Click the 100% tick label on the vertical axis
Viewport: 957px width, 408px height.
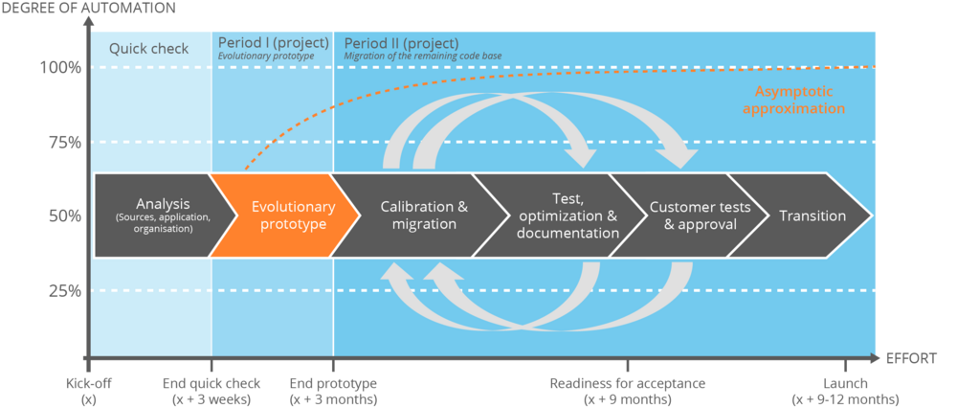pos(59,67)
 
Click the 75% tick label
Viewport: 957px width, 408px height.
pos(63,143)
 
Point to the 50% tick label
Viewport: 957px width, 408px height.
pos(63,216)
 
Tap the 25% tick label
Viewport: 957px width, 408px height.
pos(63,290)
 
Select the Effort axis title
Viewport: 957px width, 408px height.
pos(919,359)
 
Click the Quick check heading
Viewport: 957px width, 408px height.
pos(148,49)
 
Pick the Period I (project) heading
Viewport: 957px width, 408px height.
pos(273,43)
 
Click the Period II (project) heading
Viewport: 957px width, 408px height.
pos(401,43)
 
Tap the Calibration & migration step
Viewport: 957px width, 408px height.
pos(424,215)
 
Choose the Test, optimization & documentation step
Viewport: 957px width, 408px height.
pos(568,215)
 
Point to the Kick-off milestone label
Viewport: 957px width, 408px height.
pos(89,390)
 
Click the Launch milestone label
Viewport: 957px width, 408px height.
pos(845,390)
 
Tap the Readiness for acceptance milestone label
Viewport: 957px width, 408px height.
pos(628,390)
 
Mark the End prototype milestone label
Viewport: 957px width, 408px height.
pos(332,390)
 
